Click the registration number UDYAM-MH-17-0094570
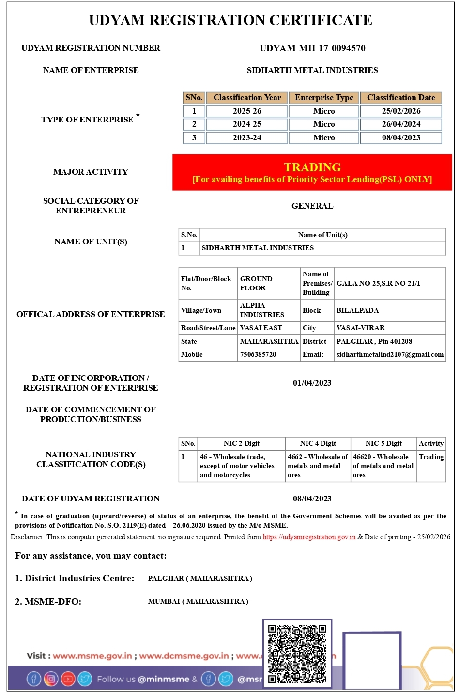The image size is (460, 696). tap(312, 48)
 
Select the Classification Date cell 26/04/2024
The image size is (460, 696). tap(401, 124)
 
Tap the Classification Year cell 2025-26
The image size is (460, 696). tap(247, 111)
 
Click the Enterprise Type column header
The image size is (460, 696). tap(324, 98)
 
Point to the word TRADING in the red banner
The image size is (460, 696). tap(312, 167)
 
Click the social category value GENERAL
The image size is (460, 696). tap(312, 206)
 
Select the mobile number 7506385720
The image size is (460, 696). tap(258, 355)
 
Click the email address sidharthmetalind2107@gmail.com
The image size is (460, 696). tap(390, 355)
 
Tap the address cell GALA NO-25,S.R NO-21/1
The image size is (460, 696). tap(378, 284)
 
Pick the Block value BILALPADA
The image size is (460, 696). tap(357, 311)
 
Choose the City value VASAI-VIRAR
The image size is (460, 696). tap(360, 328)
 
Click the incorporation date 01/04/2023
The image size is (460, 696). tap(312, 383)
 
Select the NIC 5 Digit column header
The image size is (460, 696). tap(383, 444)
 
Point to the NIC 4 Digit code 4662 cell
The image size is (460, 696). tap(317, 466)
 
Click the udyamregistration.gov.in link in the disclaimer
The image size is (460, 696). tap(309, 537)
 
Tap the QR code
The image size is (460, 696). tap(297, 653)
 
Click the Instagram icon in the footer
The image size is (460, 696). tap(51, 679)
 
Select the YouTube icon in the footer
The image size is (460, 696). tap(68, 679)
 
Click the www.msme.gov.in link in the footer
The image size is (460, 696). tap(92, 656)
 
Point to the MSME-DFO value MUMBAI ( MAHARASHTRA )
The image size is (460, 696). tap(198, 602)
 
